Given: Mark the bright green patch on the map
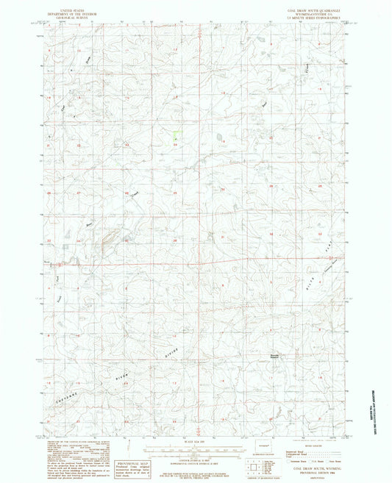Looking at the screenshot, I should click(175, 136).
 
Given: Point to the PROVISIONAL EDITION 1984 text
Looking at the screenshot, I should click(309, 472).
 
